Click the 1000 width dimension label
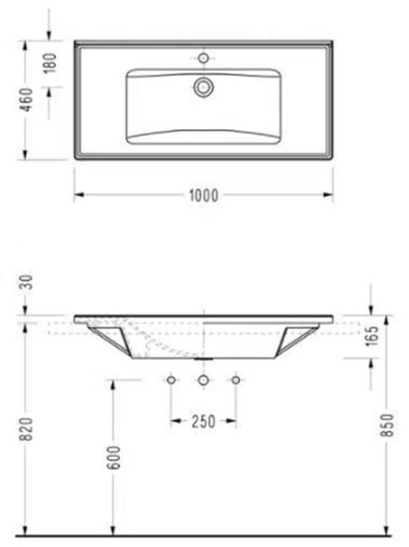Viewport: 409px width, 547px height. coord(204,196)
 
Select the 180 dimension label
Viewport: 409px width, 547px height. coord(50,63)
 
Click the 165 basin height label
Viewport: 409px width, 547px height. coord(373,336)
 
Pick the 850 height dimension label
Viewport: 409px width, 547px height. coord(387,425)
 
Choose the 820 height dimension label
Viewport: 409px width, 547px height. coord(27,428)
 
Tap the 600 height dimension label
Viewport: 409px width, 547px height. coord(115,457)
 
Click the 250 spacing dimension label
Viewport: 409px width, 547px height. coord(203,422)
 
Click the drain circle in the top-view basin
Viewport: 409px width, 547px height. coord(203,87)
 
